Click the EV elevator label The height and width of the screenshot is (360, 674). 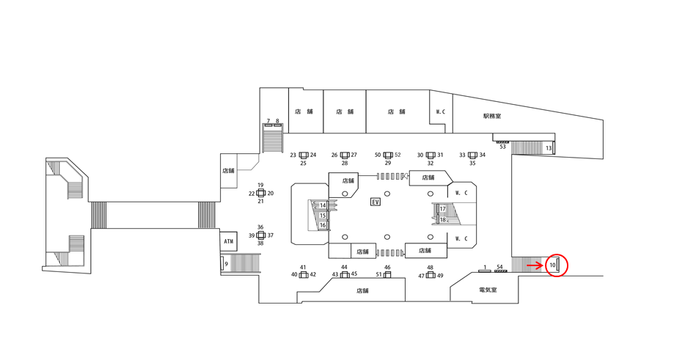coord(376,202)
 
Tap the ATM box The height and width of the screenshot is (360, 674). coord(229,241)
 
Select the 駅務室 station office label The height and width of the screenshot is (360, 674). coord(492,116)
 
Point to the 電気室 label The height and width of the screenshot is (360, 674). coord(488,290)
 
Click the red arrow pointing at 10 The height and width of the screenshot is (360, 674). coord(535,265)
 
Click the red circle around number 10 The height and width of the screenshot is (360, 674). coord(557,264)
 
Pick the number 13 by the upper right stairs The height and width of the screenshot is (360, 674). coord(549,149)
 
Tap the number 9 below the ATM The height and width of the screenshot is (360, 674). coord(227,264)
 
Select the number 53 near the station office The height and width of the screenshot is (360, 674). coord(502,147)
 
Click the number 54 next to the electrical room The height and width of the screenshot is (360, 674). coord(500,267)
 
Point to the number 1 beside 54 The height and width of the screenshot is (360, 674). coord(485,267)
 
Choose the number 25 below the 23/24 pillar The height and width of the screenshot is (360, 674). coord(303,163)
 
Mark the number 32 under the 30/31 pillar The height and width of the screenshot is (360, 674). coord(431,164)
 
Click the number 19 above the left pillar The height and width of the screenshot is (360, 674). coord(260,185)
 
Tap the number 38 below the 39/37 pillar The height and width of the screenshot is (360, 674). coord(260,243)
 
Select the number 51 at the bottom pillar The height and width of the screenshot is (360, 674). coord(379,275)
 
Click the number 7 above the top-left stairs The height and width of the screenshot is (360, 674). coord(268,121)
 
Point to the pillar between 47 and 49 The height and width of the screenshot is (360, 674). coord(431,276)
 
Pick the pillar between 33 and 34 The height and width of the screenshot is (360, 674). coord(472,155)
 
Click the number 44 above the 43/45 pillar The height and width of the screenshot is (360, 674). coord(344,267)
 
